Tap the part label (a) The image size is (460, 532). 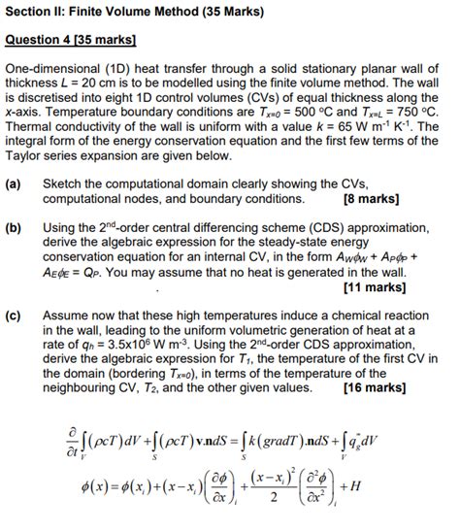pos(15,183)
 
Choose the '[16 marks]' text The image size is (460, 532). pos(375,387)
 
